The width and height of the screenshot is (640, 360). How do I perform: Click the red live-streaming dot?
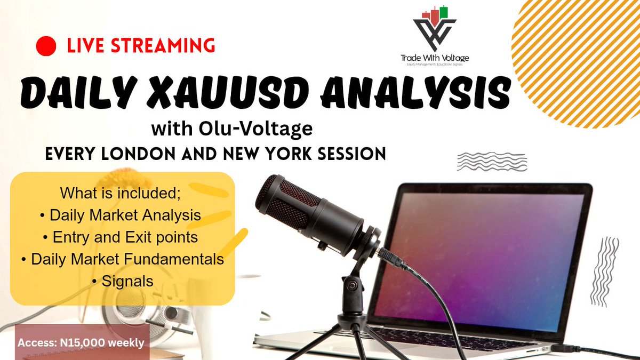46,46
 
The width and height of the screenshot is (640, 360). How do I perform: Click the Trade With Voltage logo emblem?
435,29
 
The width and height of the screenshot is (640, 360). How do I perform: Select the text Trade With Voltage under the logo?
435,58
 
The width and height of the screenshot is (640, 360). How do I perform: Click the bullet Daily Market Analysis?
121,215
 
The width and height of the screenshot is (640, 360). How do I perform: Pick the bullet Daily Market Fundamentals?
123,259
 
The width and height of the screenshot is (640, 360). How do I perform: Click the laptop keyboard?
453,339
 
